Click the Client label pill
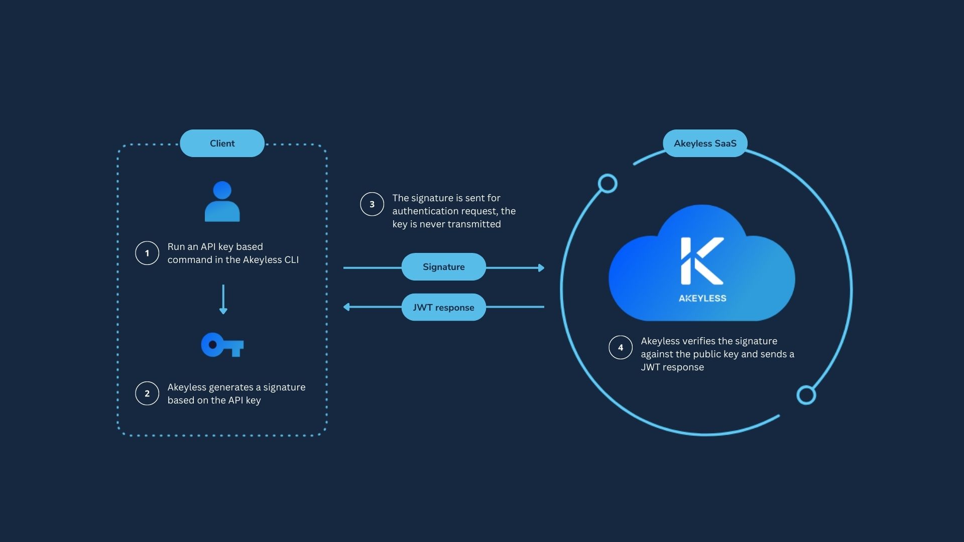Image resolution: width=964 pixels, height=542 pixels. [x=222, y=144]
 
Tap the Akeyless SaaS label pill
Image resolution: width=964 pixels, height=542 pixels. [x=705, y=144]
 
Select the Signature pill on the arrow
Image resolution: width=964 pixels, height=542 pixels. [x=443, y=267]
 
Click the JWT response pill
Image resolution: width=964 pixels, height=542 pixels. [x=443, y=307]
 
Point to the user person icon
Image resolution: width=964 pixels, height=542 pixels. [x=222, y=202]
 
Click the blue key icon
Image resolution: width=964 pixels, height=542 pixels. [x=222, y=345]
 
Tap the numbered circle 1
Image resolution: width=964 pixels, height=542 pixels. [x=147, y=253]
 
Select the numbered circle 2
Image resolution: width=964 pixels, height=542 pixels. [x=147, y=393]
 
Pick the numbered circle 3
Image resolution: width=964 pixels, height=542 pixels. [x=372, y=204]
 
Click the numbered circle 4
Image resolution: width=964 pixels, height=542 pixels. [x=621, y=347]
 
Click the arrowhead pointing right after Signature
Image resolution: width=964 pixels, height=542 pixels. [x=541, y=268]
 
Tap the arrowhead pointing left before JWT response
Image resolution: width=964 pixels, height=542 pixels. [x=346, y=307]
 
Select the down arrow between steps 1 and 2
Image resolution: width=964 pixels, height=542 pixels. [x=223, y=300]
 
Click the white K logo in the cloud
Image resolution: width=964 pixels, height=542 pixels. [x=701, y=261]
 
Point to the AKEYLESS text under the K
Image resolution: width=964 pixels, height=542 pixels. [x=702, y=298]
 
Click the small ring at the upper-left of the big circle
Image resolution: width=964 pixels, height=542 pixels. [x=608, y=184]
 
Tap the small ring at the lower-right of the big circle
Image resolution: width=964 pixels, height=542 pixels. [x=806, y=395]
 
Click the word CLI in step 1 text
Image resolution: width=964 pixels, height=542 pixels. [x=291, y=260]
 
